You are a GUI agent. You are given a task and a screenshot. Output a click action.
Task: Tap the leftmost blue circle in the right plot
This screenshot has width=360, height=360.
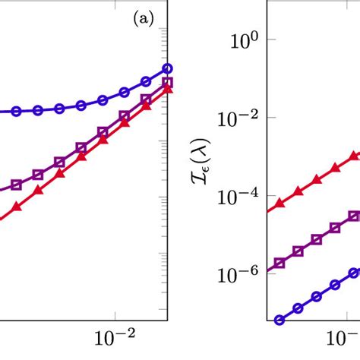[279, 320]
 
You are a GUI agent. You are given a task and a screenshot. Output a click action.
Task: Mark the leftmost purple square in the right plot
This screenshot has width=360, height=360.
[279, 263]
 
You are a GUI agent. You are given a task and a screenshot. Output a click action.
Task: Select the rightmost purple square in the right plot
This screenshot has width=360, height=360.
[353, 216]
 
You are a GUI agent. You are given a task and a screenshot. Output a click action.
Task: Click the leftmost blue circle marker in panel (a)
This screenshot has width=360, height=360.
[15, 111]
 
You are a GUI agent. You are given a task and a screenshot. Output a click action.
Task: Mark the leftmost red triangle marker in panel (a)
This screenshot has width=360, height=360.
[15, 207]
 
